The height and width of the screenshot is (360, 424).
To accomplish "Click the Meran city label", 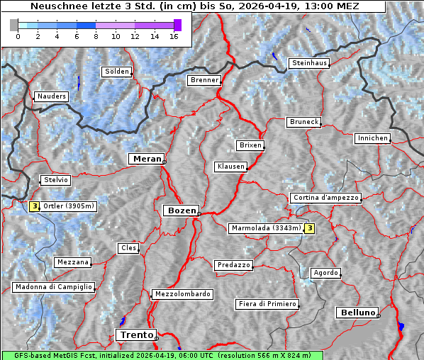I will coord(146,159).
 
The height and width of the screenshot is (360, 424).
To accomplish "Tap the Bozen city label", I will coord(181,210).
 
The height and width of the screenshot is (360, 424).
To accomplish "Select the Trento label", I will coord(135,334).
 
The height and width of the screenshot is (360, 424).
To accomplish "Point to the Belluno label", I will coord(357,312).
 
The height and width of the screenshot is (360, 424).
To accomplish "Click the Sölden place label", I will coord(117,72).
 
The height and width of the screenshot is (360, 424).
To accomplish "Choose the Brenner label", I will coord(204,80).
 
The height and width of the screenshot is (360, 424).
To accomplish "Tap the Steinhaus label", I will coord(309,63).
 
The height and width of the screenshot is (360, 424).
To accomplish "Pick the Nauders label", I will coord(50,96).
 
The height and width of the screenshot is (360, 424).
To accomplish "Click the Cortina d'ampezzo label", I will coord(325,198).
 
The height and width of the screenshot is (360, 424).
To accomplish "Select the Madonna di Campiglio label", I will coord(53,287).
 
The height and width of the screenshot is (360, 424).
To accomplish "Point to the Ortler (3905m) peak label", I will coord(68,206).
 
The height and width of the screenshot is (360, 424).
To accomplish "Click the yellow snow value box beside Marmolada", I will coord(309,228).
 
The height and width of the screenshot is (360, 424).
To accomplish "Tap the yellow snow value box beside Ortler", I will coord(34,206).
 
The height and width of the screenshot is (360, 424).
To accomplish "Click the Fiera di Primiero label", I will coord(267,304).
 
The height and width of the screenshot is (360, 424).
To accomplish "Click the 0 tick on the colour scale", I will coord(18,35).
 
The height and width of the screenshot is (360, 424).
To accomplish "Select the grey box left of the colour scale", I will coord(13,25).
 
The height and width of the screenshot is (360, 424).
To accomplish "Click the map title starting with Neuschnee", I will coord(195,6).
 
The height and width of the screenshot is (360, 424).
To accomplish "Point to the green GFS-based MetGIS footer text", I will coord(162,355).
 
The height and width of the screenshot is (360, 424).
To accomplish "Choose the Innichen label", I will coord(372,138).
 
